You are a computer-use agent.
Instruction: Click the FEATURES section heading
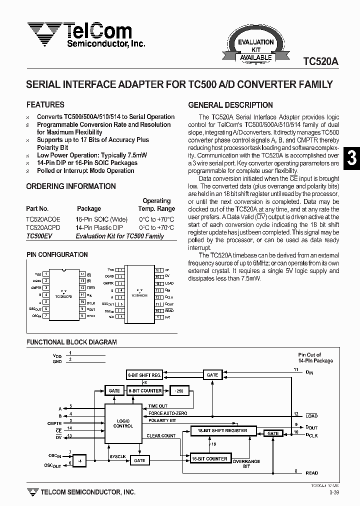tap(45, 105)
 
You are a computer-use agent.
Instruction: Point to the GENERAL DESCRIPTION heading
tap(230, 105)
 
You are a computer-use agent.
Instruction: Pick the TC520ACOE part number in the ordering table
tap(43, 219)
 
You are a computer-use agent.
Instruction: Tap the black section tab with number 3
tap(351, 158)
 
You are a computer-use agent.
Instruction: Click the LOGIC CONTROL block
tap(123, 423)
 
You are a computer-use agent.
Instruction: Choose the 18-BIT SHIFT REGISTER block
tap(223, 430)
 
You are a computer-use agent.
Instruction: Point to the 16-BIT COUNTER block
tap(209, 458)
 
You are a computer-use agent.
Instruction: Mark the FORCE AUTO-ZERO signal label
tap(168, 413)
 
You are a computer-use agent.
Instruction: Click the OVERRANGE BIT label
tap(246, 463)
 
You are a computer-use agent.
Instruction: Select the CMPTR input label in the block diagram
tap(54, 423)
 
